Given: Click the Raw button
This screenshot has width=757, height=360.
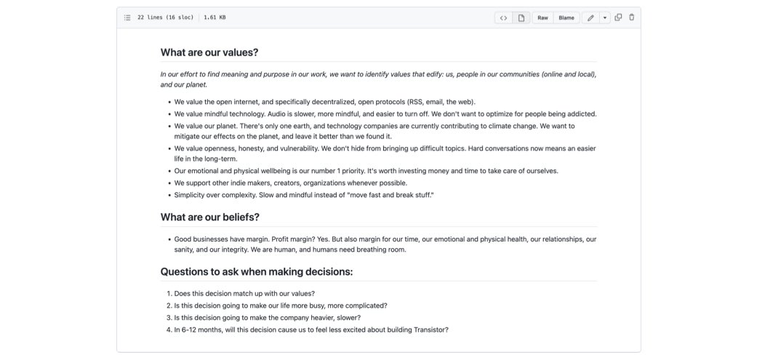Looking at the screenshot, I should point(542,17).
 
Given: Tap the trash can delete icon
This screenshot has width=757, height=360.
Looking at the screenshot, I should point(631,17).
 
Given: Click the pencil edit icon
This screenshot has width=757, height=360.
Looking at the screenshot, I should point(590,17).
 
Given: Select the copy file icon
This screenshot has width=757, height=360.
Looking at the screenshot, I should point(618,17).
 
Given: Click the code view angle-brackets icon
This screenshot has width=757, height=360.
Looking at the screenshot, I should point(503,17).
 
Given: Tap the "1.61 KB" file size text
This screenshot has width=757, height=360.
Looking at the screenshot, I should point(215,17).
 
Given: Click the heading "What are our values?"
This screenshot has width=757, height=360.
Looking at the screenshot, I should point(209,52).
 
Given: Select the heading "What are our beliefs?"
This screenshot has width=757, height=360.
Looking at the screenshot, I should point(209,217).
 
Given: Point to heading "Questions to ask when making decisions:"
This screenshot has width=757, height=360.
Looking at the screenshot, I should point(256,272).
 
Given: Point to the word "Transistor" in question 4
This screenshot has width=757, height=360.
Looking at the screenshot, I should point(426,329).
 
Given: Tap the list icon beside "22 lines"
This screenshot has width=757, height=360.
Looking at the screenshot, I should point(127,17).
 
